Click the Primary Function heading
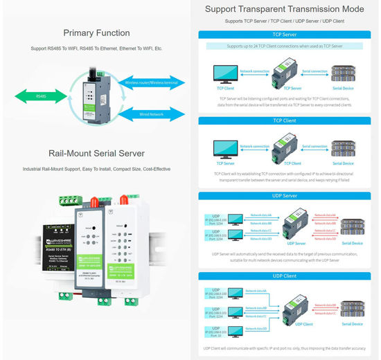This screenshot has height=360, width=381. (x=96, y=33)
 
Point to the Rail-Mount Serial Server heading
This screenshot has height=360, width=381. (x=96, y=154)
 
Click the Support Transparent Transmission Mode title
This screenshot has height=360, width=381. (x=285, y=10)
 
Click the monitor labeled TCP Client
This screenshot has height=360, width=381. (x=225, y=73)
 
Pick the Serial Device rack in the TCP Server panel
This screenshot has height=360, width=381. (x=346, y=73)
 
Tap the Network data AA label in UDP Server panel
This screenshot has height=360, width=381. (x=260, y=215)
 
